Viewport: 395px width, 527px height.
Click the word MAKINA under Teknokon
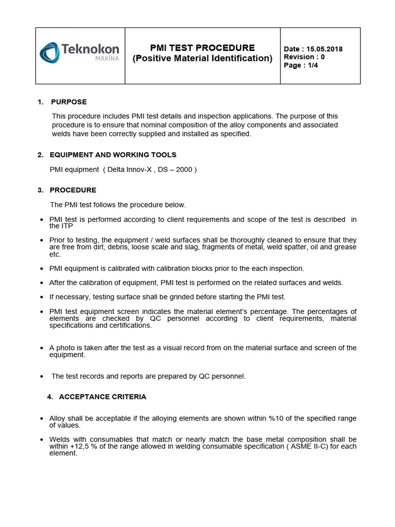107,59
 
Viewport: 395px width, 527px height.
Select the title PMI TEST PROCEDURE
202,48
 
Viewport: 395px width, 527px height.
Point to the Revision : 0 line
304,57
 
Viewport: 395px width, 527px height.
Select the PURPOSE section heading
68,102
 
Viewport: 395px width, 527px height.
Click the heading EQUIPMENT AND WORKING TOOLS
113,155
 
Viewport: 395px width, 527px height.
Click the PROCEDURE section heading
73,190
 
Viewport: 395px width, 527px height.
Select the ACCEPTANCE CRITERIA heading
102,397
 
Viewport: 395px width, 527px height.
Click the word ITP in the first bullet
67,226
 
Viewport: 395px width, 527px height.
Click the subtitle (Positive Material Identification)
202,58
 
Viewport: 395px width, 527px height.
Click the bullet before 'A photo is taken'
41,348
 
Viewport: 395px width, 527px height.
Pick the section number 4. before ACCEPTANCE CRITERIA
50,397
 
